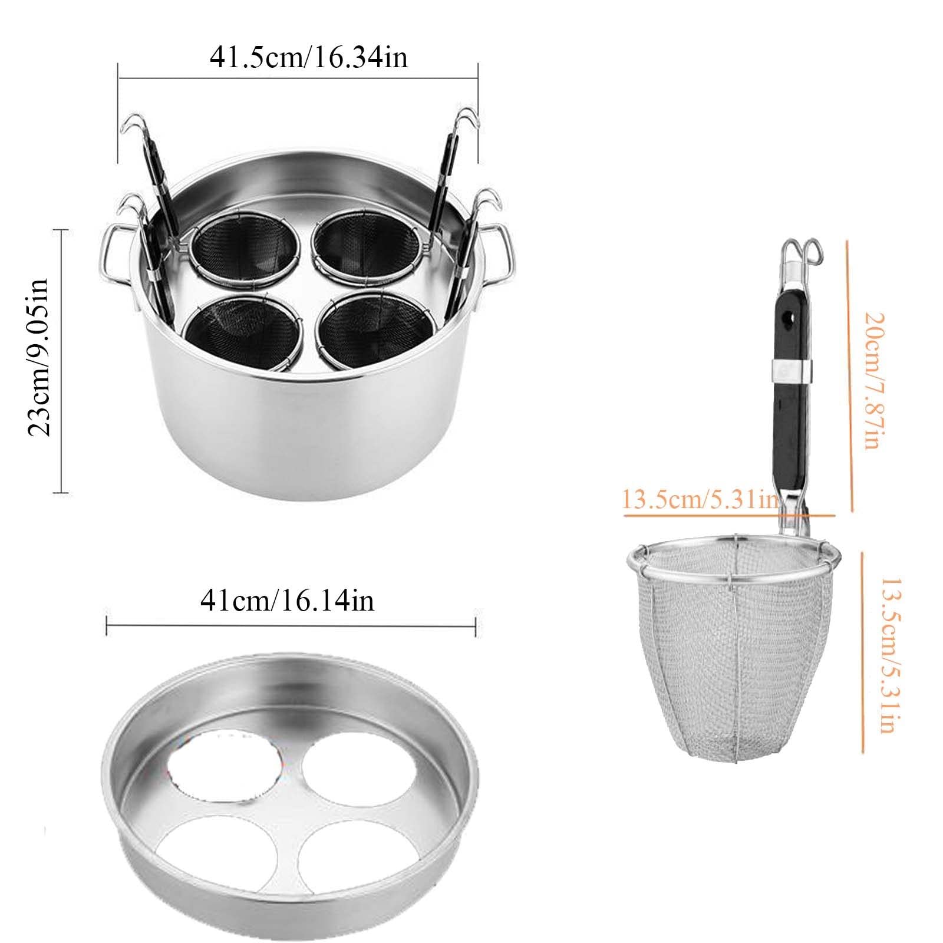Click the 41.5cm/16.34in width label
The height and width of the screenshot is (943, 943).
[308, 58]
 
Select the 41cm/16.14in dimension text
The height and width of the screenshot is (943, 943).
[287, 601]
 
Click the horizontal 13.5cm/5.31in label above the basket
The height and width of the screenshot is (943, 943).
[700, 501]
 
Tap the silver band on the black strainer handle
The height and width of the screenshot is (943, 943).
[790, 369]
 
